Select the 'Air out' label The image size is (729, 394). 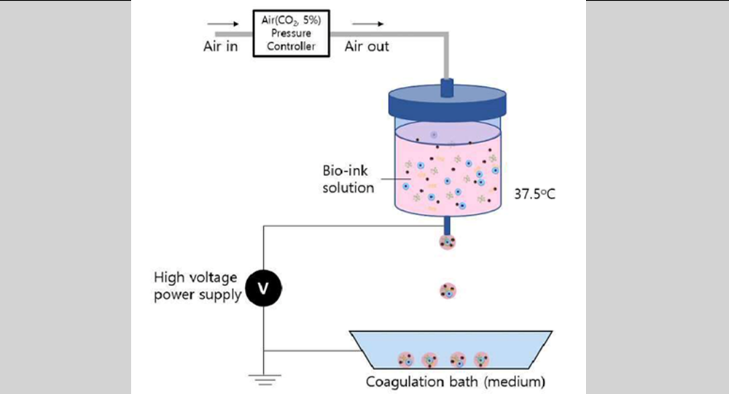coord(367,47)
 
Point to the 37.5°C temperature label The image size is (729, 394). coord(535,196)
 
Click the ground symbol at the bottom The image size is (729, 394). coord(263,377)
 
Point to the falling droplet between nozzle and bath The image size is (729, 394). coord(447,291)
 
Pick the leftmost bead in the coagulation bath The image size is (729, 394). coord(405,359)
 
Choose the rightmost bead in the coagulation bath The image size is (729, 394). coord(481,359)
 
